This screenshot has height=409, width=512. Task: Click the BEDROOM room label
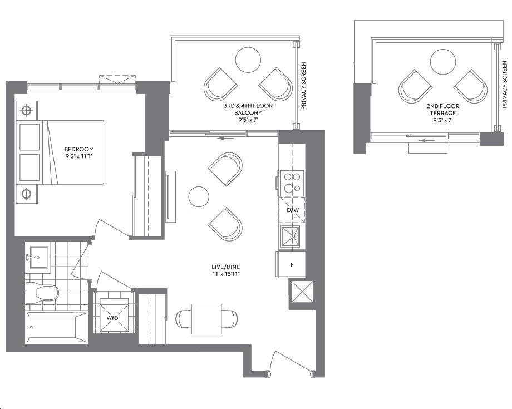tap(79, 149)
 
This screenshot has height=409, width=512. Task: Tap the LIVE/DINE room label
tap(225, 267)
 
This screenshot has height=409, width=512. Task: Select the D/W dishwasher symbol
tap(293, 210)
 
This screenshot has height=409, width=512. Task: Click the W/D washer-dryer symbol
tap(114, 316)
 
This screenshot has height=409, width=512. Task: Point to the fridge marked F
tap(291, 264)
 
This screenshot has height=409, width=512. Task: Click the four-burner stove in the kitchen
tap(292, 183)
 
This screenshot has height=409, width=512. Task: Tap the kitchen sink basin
tap(290, 236)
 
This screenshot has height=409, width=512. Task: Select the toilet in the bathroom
tap(42, 292)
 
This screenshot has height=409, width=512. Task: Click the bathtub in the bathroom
tap(57, 327)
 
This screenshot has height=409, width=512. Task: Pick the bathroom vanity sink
tap(39, 257)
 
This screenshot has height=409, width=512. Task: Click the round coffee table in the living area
tap(199, 196)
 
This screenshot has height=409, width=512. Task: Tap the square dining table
tap(206, 319)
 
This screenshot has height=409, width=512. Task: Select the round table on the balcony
tap(248, 60)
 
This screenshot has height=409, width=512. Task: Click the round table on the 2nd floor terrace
tap(443, 62)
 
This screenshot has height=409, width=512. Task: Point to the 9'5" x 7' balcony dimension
tap(248, 120)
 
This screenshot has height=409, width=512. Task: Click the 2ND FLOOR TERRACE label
tap(443, 110)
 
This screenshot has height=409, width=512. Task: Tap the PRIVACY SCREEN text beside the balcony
tap(303, 86)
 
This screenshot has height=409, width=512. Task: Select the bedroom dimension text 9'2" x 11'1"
tap(79, 156)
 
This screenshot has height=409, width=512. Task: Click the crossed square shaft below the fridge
tap(302, 292)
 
